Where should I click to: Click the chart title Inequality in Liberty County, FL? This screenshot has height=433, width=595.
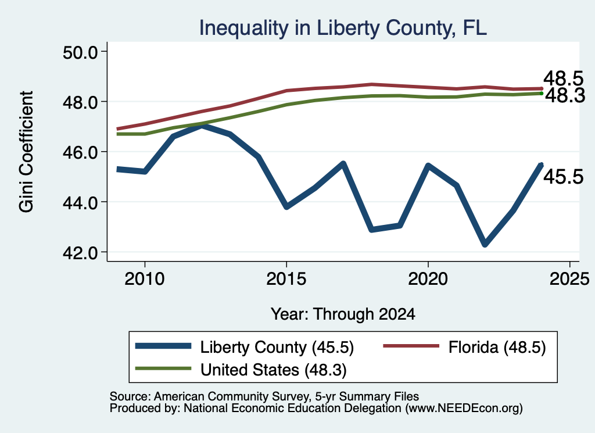point(343,28)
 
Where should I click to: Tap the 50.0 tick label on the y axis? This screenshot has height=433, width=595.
point(80,52)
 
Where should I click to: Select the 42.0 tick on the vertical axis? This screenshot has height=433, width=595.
point(80,253)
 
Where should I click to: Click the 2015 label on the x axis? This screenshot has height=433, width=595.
point(286,279)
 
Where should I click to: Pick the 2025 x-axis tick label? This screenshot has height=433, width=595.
point(569,279)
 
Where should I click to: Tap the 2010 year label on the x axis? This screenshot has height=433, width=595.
point(145,279)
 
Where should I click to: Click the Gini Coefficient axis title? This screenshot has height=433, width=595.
point(27,152)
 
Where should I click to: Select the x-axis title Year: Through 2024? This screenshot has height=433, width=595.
point(343,314)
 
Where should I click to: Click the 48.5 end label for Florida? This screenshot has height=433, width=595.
point(564,79)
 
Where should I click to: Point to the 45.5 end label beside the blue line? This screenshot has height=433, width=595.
point(564,177)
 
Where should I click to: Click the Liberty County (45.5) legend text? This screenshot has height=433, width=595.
point(277,347)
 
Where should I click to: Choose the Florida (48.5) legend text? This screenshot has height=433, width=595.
point(497,347)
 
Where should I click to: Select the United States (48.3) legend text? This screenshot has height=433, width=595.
point(274,370)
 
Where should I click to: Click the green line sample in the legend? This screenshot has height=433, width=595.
point(163,368)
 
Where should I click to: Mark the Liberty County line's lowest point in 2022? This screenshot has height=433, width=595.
point(485,244)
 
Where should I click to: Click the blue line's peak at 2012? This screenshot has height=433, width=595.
point(202,126)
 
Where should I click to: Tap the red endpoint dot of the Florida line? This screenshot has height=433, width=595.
point(542,89)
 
